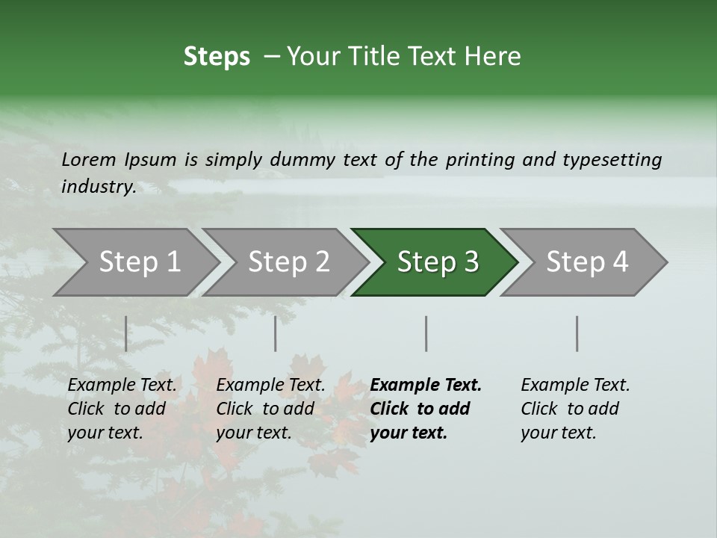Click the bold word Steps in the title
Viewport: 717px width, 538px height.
tap(217, 57)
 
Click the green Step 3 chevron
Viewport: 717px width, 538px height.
tap(438, 262)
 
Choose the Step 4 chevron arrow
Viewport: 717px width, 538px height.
tap(587, 262)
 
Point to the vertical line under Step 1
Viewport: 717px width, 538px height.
tap(125, 333)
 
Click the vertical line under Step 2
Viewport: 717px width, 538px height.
tap(276, 333)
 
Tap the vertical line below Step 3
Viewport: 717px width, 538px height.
tap(426, 333)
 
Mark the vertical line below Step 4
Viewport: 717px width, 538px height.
tap(577, 333)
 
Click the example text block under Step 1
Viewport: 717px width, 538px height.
tap(122, 409)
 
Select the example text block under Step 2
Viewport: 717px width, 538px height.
tap(270, 409)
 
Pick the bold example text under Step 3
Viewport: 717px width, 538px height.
tap(426, 409)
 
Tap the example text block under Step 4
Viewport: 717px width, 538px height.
tap(575, 409)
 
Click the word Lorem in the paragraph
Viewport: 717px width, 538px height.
tap(88, 160)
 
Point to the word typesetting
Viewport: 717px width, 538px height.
tap(612, 160)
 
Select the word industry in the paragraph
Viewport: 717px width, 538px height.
tap(98, 187)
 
